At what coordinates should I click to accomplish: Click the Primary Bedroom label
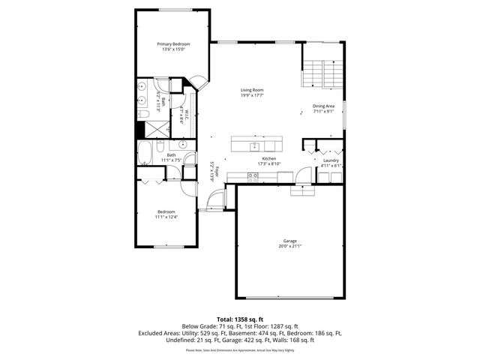(x=173, y=44)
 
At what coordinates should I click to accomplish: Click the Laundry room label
(x=331, y=160)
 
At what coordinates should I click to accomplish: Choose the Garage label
(x=289, y=241)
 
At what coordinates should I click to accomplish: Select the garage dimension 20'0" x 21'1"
(x=289, y=247)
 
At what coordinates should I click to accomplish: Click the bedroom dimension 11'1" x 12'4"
(x=166, y=216)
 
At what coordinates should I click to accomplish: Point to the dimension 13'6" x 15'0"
(x=173, y=49)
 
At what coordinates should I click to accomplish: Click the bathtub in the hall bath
(x=144, y=154)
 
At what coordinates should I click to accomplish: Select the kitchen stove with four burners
(x=253, y=176)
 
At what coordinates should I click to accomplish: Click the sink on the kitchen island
(x=255, y=144)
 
